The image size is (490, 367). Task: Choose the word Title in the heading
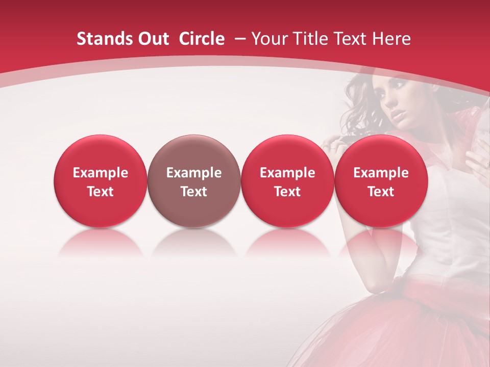click(x=311, y=39)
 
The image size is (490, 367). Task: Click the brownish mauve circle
click(x=193, y=181)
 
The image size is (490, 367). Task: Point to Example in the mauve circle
click(x=193, y=173)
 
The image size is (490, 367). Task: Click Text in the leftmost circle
click(x=100, y=192)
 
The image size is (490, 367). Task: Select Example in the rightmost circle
click(x=381, y=173)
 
